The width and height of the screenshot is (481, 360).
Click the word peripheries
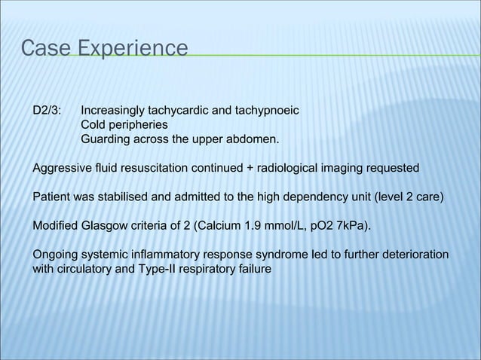point(139,126)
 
